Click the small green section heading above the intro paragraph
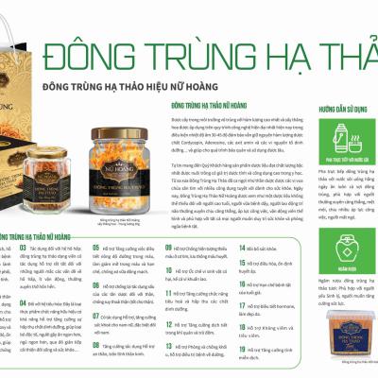(204, 108)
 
